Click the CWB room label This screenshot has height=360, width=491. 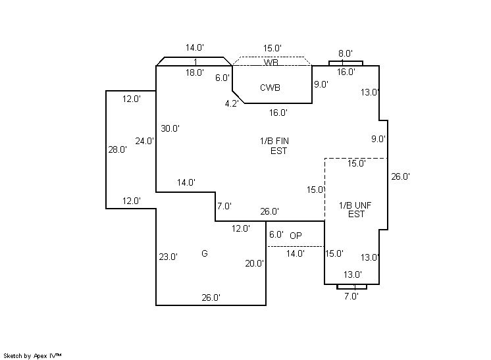pos(270,88)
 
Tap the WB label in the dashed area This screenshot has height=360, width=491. pos(271,63)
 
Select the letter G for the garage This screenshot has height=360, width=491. pos(205,253)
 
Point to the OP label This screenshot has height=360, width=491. pos(296,236)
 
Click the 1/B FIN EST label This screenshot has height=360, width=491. pos(273,145)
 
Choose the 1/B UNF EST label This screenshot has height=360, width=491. pos(355,209)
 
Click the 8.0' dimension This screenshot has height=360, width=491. pos(346,53)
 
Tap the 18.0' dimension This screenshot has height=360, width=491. pos(194,72)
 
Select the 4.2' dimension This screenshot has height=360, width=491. pos(232,103)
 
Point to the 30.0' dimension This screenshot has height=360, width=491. pos(170,128)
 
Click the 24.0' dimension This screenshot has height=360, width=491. pos(145,141)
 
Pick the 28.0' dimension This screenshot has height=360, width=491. pos(117,149)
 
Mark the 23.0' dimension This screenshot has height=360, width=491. pos(168,257)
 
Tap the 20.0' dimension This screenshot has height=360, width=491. pos(254,263)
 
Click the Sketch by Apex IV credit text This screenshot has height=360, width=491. pos(32,355)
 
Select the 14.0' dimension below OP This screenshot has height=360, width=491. pos(295,253)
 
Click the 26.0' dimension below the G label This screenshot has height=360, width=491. pos(211,297)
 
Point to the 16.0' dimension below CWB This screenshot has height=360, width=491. pos(278,113)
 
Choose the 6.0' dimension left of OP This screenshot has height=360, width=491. pos(276,234)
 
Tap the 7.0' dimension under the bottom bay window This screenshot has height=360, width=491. pos(351,296)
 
